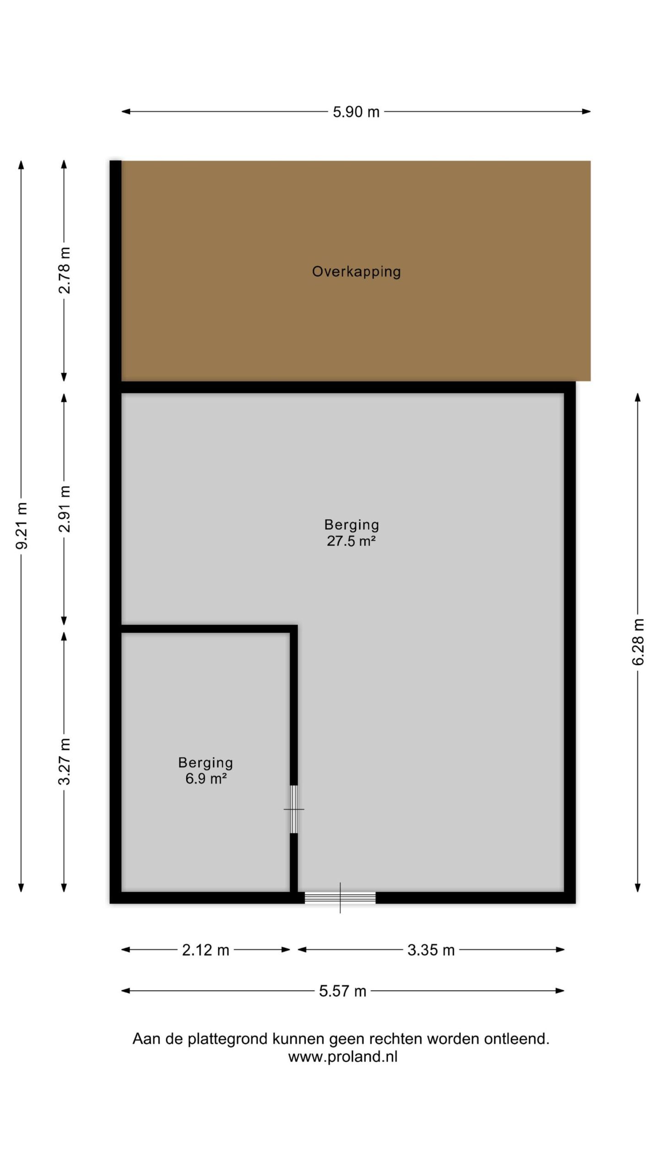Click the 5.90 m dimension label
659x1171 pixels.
356,112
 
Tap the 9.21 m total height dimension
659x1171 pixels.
22,525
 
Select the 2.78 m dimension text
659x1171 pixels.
65,270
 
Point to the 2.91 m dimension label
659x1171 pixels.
65,509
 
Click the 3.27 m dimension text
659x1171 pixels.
65,761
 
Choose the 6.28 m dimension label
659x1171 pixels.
638,642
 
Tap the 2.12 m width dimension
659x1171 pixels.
205,950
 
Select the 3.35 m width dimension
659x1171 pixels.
431,950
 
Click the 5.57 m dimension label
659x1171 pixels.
343,991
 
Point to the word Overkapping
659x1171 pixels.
357,272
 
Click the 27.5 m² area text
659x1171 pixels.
351,541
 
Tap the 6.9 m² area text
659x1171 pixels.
206,779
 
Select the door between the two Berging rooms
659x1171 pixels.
294,809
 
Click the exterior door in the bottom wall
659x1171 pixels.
340,897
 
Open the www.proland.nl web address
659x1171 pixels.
343,1057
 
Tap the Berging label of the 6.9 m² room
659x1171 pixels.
205,763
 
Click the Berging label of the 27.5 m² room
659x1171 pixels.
351,525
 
